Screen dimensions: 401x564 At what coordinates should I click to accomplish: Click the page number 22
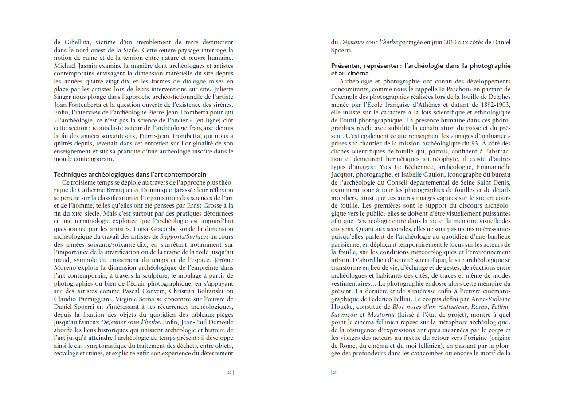coord(229,373)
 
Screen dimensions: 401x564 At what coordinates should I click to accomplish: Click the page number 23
coord(335,373)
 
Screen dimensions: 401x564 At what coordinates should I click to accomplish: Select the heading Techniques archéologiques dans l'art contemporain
coord(130,174)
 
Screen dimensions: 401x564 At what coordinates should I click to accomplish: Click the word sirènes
coord(221,105)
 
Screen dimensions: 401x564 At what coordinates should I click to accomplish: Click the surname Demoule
coord(218,322)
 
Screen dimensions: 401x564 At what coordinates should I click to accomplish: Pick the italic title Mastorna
coord(381,315)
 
